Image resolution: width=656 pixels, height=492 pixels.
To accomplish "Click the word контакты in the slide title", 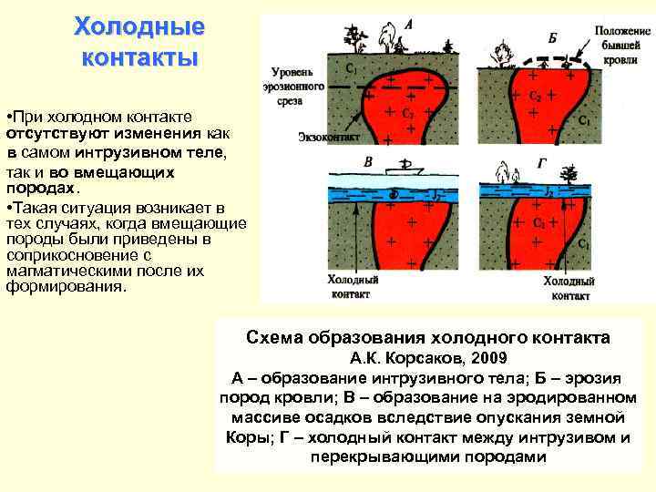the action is (x=139, y=59).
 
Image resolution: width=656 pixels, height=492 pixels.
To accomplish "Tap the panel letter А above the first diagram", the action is (x=406, y=26).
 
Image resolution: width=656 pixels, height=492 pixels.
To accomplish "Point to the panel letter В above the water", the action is (x=368, y=161).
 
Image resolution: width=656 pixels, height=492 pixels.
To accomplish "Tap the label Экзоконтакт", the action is (x=328, y=138).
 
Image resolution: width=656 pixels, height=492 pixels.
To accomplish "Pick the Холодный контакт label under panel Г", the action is (x=569, y=288).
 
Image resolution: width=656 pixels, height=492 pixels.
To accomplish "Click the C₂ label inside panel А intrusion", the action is (x=407, y=114).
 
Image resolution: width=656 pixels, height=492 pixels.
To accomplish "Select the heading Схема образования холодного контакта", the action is (x=428, y=338).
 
